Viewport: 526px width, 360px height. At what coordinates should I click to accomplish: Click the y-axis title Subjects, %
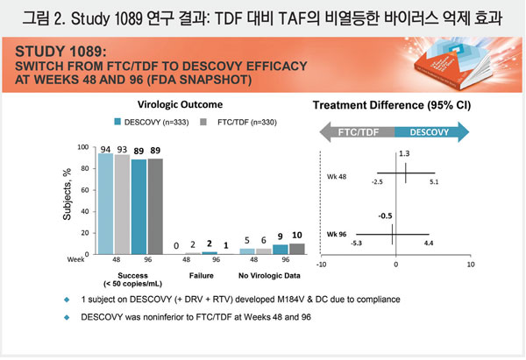(x=65, y=197)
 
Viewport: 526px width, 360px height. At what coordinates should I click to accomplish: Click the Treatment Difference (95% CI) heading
(x=394, y=107)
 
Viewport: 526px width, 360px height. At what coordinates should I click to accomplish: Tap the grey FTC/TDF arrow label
(x=361, y=132)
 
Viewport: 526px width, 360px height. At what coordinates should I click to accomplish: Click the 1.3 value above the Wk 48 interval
(x=404, y=154)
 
